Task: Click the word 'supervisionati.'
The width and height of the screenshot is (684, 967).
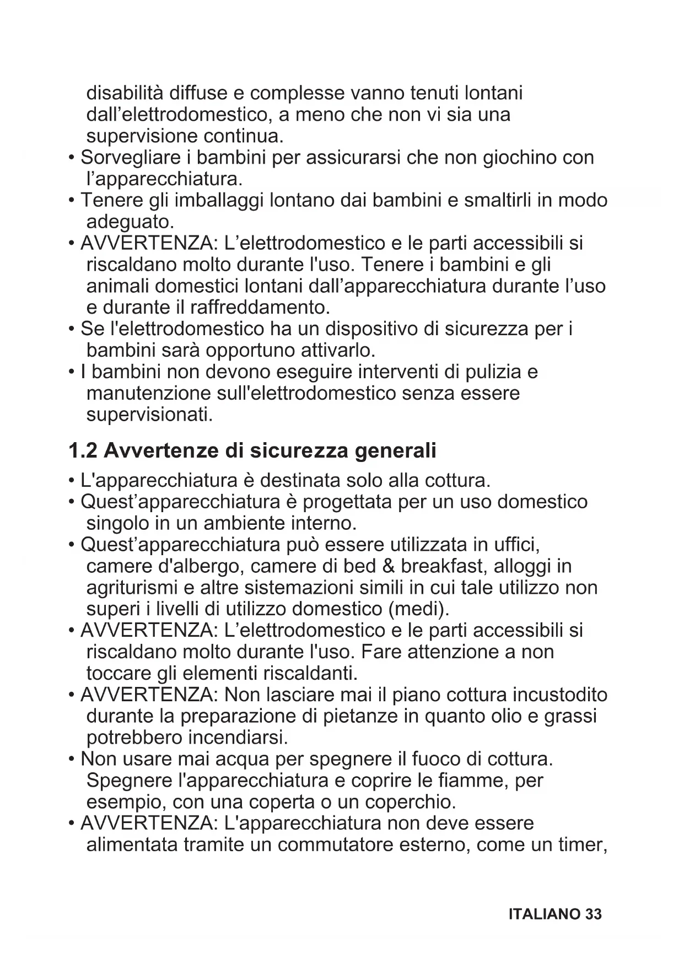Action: point(149,415)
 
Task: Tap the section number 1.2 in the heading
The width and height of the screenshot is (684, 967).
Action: point(83,451)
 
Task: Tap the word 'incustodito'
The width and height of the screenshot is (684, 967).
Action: point(560,695)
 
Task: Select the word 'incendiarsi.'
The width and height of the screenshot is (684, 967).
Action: point(238,738)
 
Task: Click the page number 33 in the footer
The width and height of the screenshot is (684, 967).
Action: point(593,914)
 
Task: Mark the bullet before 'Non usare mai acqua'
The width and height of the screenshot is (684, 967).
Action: point(72,760)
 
